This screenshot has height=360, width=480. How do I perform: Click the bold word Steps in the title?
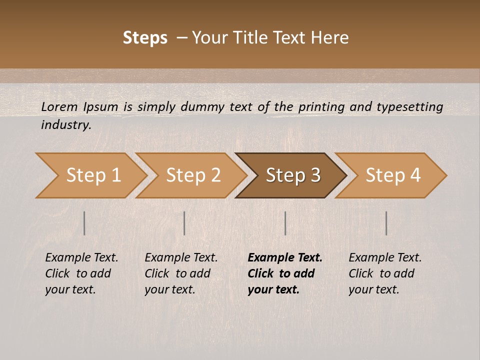click(x=145, y=38)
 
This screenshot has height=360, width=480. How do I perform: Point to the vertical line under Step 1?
click(x=84, y=223)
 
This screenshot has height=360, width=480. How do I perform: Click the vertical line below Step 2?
click(x=184, y=223)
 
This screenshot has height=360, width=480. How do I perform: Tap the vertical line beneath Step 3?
click(x=285, y=223)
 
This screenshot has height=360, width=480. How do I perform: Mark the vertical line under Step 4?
click(x=386, y=223)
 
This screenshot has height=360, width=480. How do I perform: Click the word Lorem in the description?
click(x=59, y=106)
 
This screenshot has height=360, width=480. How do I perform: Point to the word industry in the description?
click(x=66, y=125)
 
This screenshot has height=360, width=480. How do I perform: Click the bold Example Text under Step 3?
click(x=285, y=258)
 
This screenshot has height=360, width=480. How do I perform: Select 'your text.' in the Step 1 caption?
click(x=70, y=289)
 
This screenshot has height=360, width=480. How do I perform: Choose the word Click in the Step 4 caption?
click(x=361, y=273)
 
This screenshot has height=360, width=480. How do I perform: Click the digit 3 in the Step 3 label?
click(x=314, y=175)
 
